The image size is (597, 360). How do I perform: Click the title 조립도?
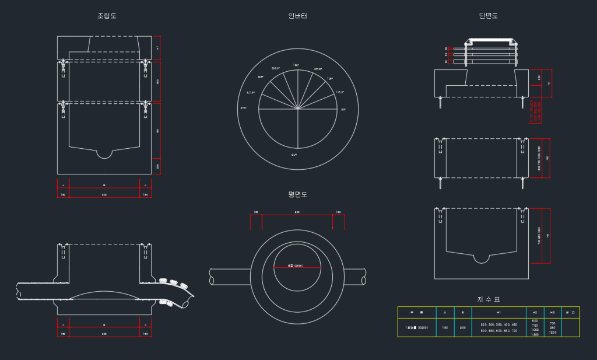(x=107, y=16)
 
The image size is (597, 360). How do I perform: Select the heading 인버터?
(x=297, y=16)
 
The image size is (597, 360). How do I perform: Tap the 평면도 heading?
(x=297, y=194)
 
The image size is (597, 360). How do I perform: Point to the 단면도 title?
(x=489, y=16)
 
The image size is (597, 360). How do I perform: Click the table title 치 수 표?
(x=489, y=299)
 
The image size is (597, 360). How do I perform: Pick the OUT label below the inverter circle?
(x=294, y=155)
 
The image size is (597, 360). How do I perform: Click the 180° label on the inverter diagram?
(x=296, y=65)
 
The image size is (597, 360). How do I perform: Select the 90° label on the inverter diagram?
(x=343, y=109)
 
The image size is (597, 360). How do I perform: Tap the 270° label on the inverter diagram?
(x=244, y=109)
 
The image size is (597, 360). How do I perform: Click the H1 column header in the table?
(x=498, y=313)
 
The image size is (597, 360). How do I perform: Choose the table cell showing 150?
(x=445, y=328)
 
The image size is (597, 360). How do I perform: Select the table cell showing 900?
(x=463, y=328)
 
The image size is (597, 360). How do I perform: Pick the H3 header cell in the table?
(x=553, y=313)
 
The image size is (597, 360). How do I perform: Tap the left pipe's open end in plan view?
(x=212, y=281)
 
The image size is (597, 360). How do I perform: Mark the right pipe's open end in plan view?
(x=364, y=281)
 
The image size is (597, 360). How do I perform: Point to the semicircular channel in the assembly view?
(x=104, y=153)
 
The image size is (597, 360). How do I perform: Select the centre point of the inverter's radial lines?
(x=298, y=109)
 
